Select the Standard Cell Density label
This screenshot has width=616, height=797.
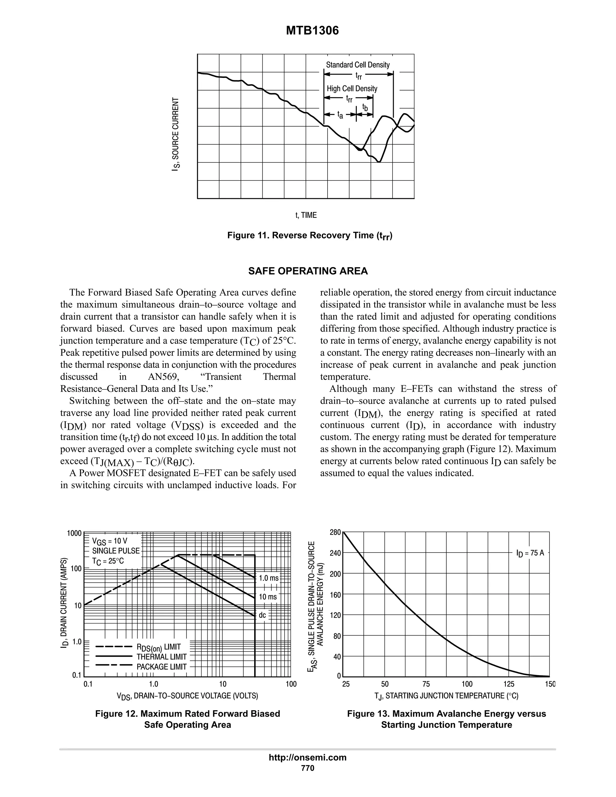point(358,65)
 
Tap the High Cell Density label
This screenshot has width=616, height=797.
point(352,89)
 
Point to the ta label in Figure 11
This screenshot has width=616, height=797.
point(340,115)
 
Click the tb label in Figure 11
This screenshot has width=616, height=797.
point(365,107)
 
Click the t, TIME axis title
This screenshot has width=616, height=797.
point(306,215)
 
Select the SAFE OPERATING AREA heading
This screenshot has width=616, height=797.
point(308,271)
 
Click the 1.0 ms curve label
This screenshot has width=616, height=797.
point(269,578)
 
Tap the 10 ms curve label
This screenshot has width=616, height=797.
point(268,597)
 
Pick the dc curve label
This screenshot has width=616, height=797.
point(262,615)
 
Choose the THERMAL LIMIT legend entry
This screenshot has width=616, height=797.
point(161,657)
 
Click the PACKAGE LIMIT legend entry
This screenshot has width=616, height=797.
point(161,667)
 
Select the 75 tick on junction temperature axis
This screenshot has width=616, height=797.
point(426,684)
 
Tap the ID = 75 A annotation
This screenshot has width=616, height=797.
point(530,553)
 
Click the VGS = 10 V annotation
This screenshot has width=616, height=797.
point(109,541)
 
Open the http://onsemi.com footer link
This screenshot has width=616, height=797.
point(308,757)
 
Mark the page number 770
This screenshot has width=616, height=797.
point(308,768)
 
